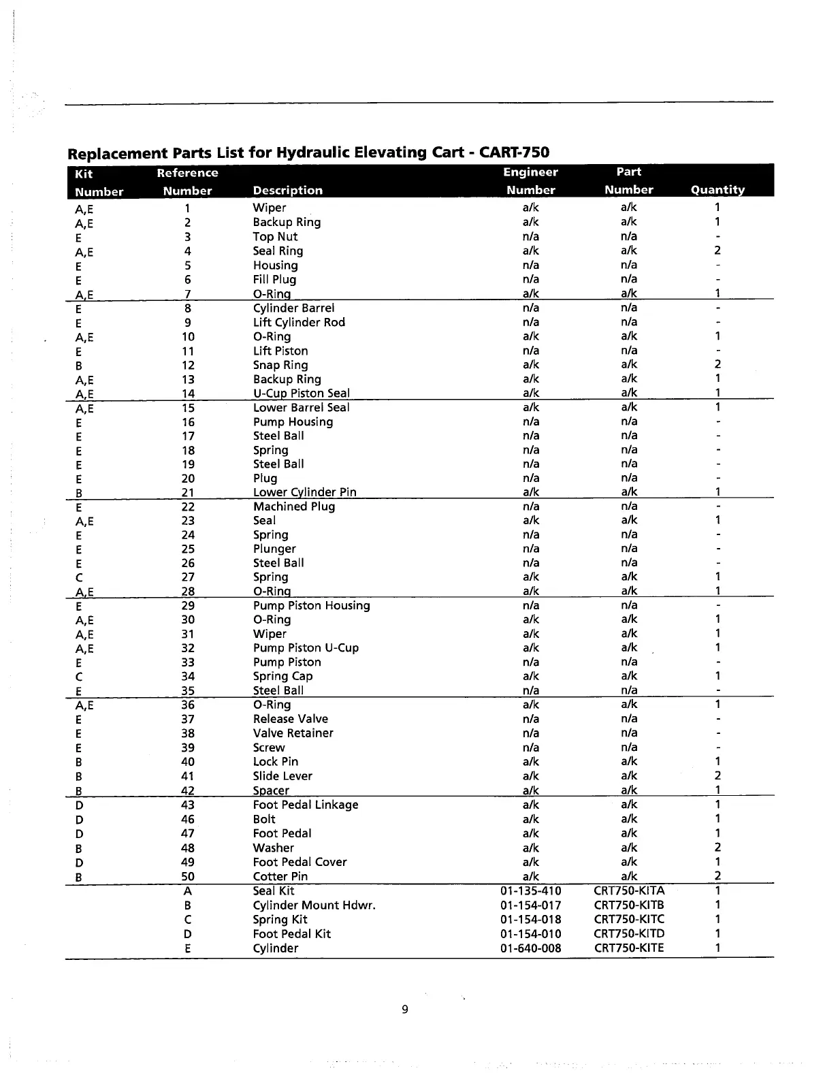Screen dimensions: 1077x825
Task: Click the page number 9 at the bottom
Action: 405,1010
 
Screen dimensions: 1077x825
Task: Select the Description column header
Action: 287,190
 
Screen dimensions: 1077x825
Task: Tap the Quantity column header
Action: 717,190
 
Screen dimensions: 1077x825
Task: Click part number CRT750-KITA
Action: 629,890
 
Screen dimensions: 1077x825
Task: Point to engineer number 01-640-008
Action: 530,948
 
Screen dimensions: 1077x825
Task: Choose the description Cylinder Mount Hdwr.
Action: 314,905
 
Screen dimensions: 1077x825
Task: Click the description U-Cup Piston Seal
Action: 302,393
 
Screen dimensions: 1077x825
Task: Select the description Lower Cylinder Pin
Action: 304,492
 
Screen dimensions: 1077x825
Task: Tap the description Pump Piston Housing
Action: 311,605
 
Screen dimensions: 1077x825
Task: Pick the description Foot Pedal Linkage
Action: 305,805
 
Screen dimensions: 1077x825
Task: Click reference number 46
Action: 188,819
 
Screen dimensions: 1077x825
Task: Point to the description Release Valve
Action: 290,719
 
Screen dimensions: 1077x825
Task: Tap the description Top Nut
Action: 275,236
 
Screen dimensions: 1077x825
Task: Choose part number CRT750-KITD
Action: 629,934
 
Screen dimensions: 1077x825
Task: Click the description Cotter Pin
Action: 280,876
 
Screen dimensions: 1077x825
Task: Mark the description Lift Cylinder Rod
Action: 299,322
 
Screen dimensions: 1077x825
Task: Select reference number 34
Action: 188,676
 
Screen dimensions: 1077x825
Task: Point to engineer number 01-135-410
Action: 530,890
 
